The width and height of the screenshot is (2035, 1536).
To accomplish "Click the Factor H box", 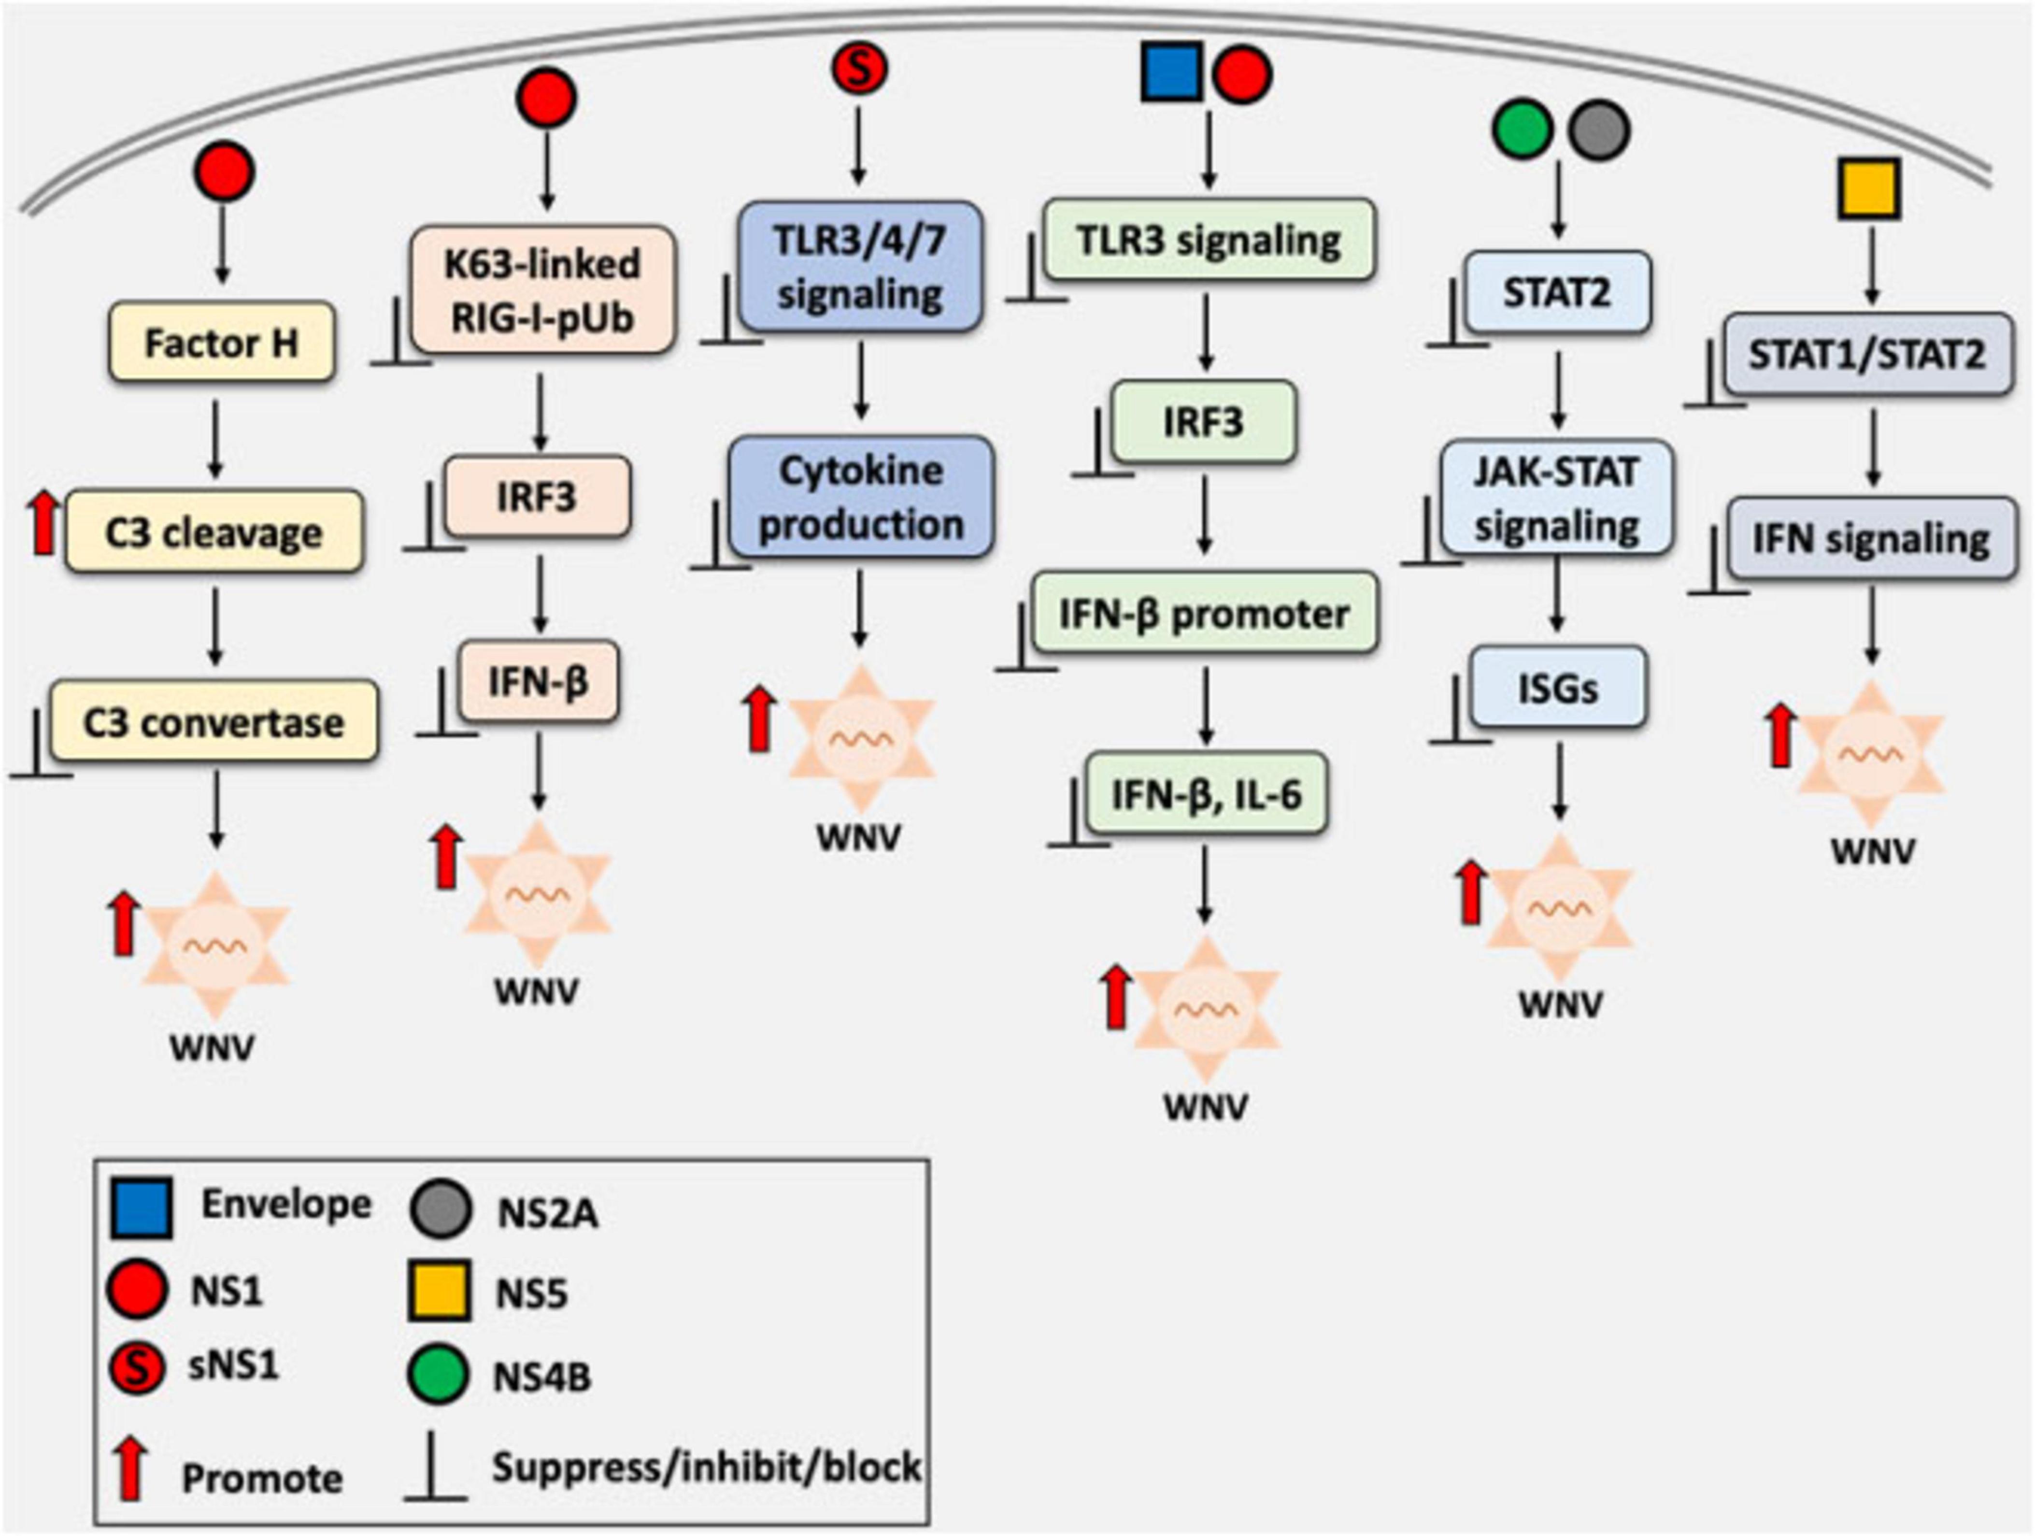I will (221, 343).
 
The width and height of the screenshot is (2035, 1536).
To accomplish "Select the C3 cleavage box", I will (214, 532).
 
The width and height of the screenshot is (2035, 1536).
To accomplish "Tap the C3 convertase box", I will (214, 721).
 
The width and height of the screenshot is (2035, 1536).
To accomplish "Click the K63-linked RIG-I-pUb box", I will (543, 290).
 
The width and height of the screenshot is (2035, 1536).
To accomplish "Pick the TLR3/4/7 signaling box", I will (860, 267).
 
